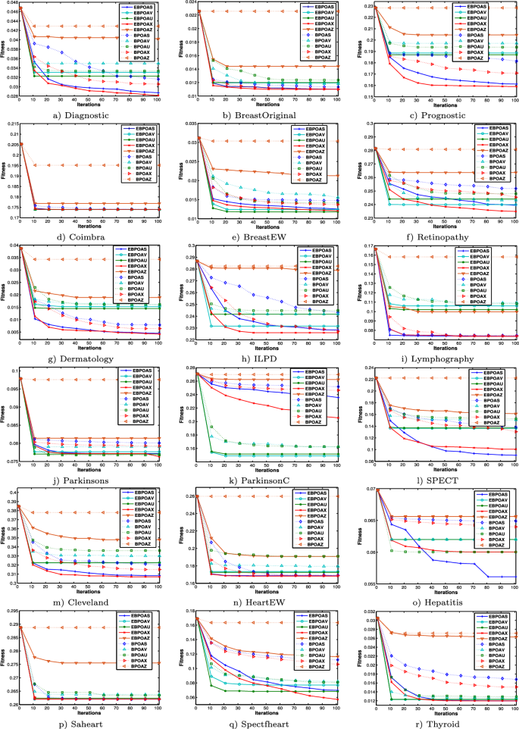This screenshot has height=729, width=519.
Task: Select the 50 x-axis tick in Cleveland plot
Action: pos(90,588)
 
